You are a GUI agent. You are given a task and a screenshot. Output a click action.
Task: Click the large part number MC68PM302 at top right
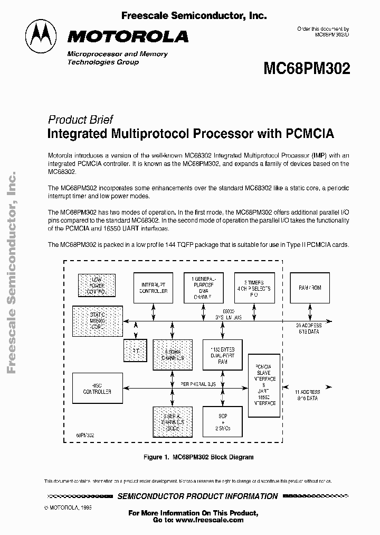(x=306, y=69)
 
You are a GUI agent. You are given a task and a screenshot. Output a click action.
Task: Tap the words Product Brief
(x=80, y=119)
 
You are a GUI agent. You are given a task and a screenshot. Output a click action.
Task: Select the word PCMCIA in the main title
(x=310, y=133)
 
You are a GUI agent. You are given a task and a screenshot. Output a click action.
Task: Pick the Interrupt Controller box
(x=154, y=288)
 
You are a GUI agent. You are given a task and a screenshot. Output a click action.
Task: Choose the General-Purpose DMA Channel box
(x=204, y=288)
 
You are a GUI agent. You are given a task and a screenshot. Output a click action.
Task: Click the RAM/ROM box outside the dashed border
(x=310, y=288)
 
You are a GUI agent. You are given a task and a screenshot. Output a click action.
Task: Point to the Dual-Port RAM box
(x=222, y=356)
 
